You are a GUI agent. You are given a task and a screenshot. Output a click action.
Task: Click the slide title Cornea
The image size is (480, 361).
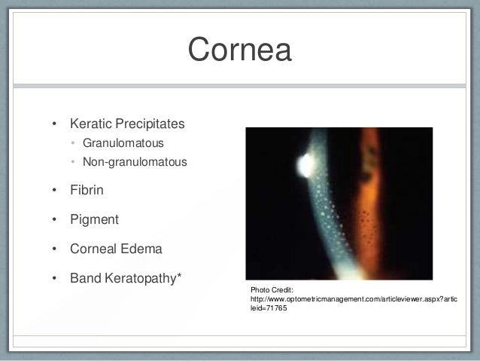coord(239,50)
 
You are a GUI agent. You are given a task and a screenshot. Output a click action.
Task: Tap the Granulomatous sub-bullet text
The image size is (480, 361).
coord(123,142)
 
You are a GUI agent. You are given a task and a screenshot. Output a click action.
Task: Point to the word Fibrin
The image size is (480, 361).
coord(87,191)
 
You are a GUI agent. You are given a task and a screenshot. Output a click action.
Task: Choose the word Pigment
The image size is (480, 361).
coord(94,220)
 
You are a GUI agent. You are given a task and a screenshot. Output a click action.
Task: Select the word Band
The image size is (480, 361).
coord(86,278)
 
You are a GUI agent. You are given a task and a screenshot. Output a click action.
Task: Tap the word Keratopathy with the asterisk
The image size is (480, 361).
coord(144,278)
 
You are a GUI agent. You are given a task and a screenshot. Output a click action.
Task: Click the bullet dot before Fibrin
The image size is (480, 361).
coord(53,191)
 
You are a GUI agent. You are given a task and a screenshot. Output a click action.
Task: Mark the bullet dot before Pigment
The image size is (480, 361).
coord(53,220)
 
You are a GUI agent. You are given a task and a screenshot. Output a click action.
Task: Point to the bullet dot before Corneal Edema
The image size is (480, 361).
coord(53,249)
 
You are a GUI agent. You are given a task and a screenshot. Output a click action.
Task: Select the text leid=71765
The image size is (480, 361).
coord(269,309)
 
